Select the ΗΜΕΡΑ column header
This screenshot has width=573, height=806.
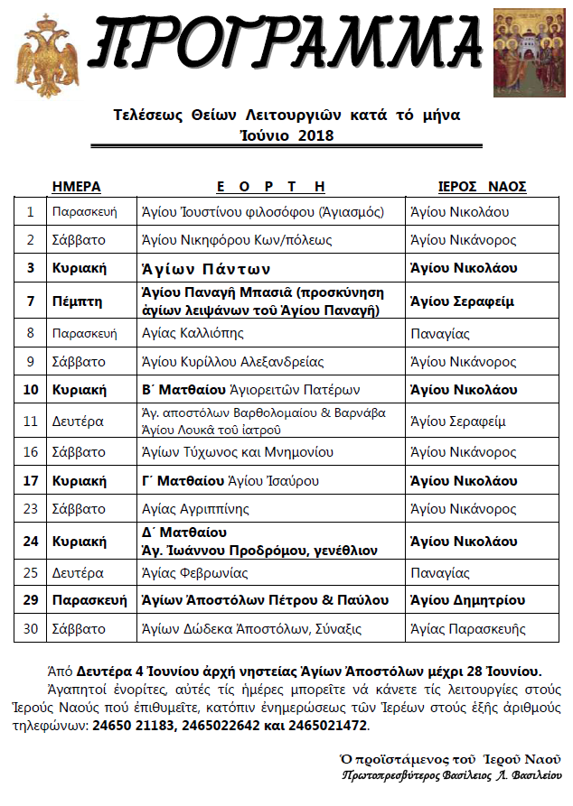(77, 187)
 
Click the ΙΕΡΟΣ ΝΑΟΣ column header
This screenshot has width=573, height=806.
(482, 187)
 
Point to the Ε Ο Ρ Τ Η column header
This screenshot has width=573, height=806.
(271, 187)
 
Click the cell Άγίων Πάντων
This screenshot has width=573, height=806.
(207, 269)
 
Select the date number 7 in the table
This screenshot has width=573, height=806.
(31, 301)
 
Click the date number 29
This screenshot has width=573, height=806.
(31, 600)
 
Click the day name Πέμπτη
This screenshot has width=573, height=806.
(77, 301)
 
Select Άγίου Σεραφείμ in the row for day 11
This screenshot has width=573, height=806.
(457, 421)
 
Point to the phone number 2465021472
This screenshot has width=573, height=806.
(330, 726)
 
